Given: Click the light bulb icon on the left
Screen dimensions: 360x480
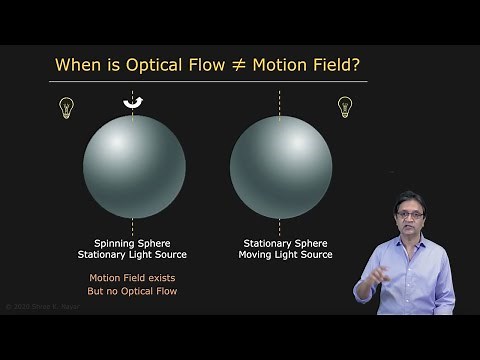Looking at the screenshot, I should tap(67, 108).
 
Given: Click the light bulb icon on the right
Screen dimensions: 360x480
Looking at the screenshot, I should tap(345, 107).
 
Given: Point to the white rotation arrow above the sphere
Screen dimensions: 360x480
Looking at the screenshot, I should tap(133, 101).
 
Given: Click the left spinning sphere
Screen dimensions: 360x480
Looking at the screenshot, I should tap(134, 166).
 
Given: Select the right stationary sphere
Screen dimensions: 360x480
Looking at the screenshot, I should tap(281, 166).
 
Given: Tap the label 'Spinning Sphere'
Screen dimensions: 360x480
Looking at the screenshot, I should tap(133, 243).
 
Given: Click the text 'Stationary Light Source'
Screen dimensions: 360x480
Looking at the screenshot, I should tap(133, 255).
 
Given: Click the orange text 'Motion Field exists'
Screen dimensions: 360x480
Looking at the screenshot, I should tap(133, 278).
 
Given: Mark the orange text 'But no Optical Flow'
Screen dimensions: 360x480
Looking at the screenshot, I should tap(133, 291).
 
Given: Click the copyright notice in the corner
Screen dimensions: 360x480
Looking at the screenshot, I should tap(40, 306).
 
